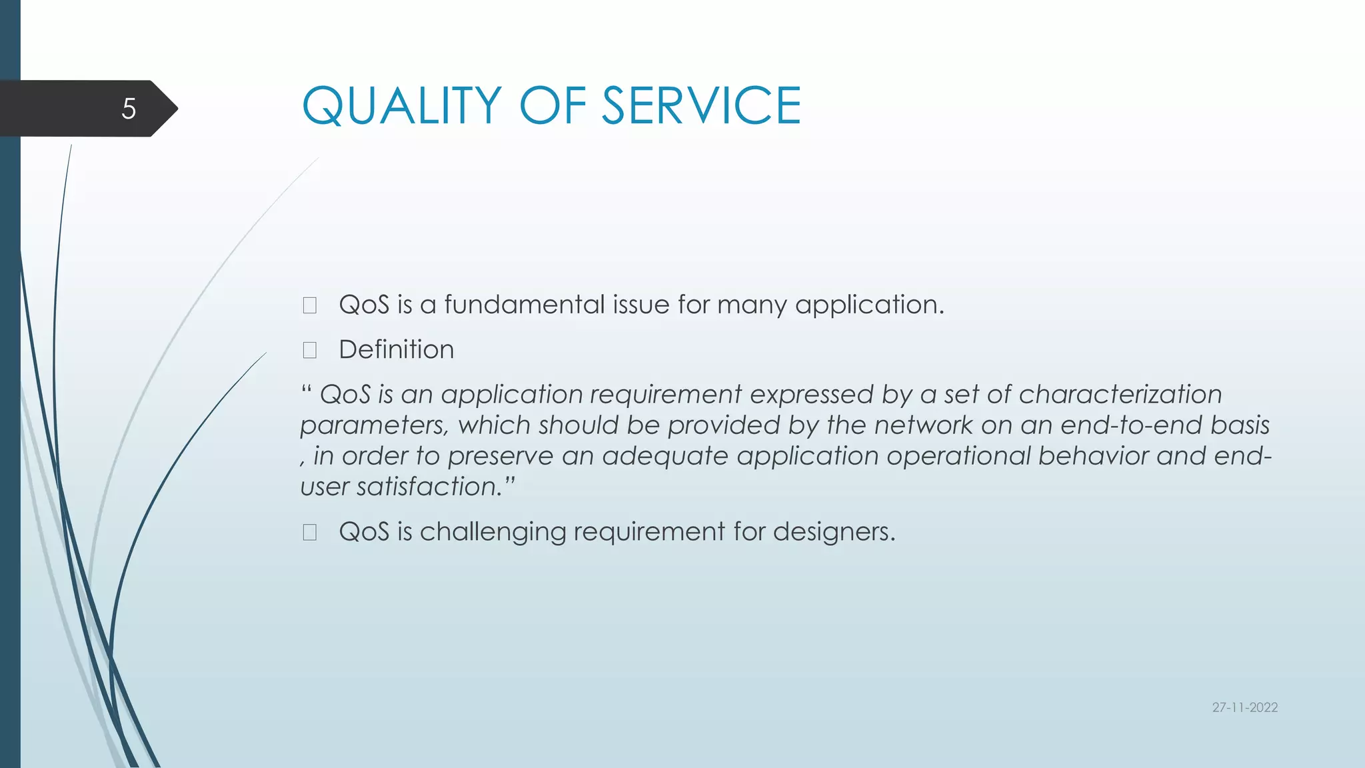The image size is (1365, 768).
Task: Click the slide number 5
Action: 129,109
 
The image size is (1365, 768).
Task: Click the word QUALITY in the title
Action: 401,106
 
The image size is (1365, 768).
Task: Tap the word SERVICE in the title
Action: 701,106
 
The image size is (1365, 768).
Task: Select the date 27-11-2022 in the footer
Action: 1244,707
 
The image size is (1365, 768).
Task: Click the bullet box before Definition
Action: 309,350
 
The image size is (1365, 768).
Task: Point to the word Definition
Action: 396,349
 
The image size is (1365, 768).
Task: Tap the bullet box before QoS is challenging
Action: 309,532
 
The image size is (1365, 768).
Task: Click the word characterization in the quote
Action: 1120,395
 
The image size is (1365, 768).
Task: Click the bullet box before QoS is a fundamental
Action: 309,305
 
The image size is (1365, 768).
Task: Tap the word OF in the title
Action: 553,106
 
